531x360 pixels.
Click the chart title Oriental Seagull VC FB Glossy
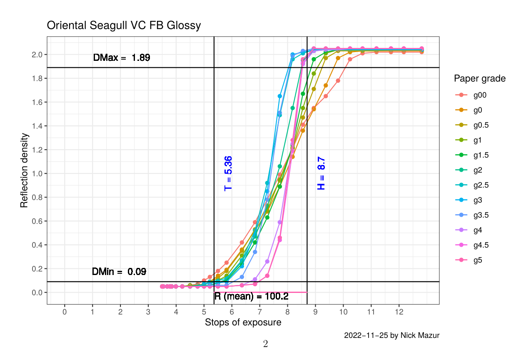pyautogui.click(x=124, y=25)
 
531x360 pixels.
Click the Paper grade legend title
pyautogui.click(x=480, y=78)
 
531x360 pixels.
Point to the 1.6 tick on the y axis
pyautogui.click(x=37, y=102)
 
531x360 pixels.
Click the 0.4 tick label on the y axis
pyautogui.click(x=37, y=245)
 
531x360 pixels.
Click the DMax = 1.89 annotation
pyautogui.click(x=121, y=58)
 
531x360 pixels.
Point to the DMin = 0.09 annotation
pyautogui.click(x=119, y=272)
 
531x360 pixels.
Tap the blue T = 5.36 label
pyautogui.click(x=228, y=173)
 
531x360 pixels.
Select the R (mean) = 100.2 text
pyautogui.click(x=251, y=297)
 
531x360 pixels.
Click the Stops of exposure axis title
pyautogui.click(x=243, y=322)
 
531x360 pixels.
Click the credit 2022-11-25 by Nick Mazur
pyautogui.click(x=391, y=335)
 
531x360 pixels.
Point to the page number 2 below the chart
pyautogui.click(x=265, y=344)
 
